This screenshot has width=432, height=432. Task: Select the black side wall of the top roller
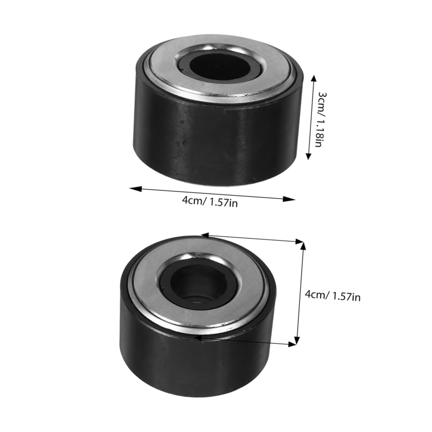pyautogui.click(x=216, y=145)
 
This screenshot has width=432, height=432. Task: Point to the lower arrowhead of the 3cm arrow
pyautogui.click(x=308, y=156)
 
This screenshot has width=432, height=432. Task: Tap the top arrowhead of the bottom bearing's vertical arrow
pyautogui.click(x=303, y=245)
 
